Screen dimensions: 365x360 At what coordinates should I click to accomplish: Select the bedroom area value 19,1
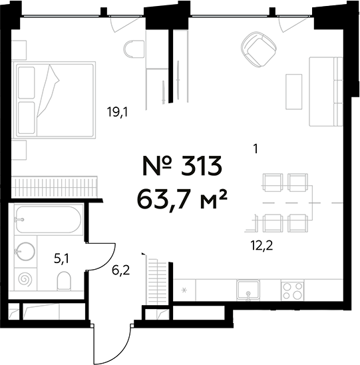pos(117,113)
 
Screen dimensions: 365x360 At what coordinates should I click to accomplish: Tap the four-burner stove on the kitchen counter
pos(293,290)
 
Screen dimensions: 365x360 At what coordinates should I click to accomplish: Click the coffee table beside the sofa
pos(294,91)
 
